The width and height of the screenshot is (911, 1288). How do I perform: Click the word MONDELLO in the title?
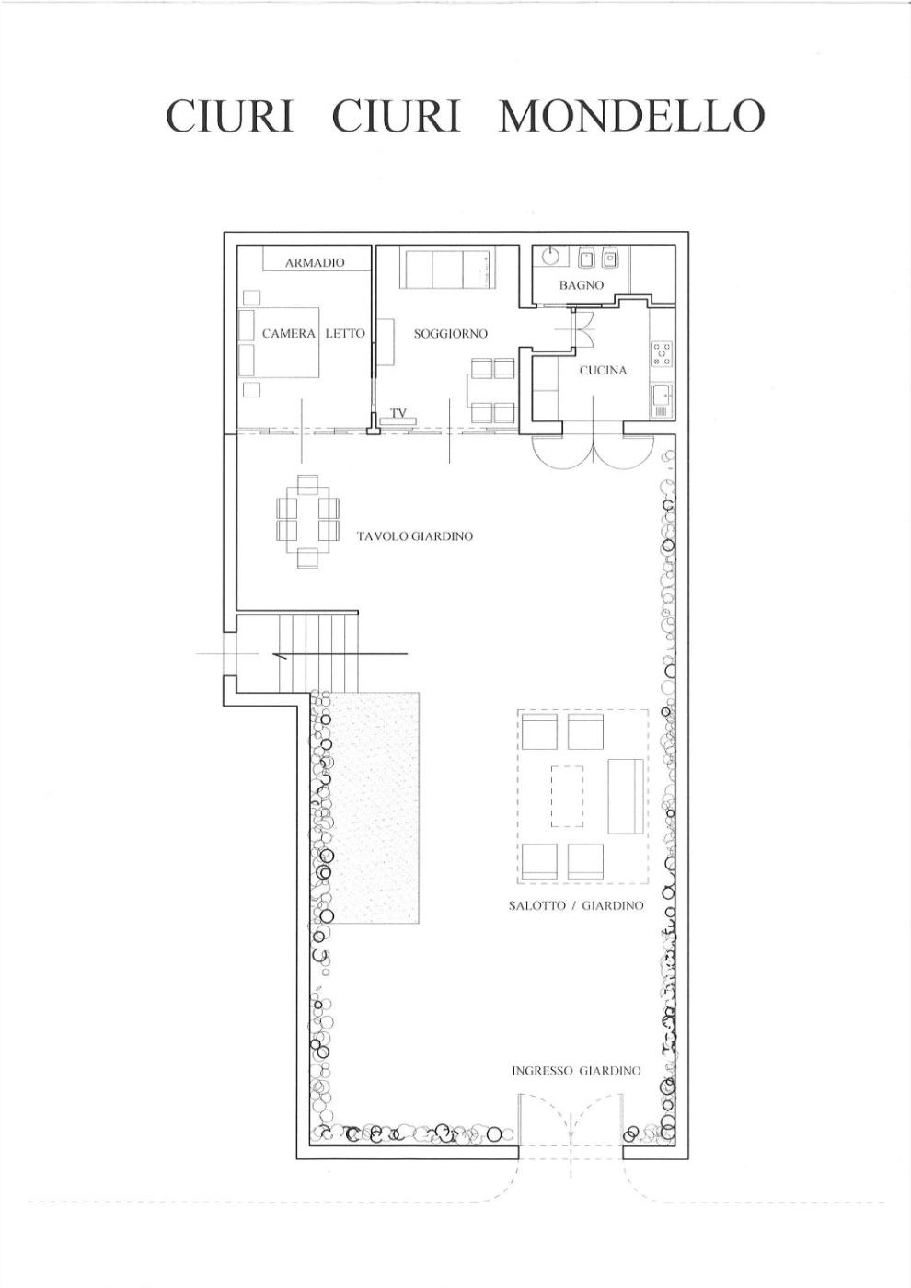click(631, 116)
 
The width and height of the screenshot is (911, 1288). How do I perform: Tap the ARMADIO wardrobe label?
click(315, 263)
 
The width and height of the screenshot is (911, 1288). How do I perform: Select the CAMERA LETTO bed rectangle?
click(279, 342)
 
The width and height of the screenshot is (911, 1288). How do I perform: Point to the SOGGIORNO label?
click(450, 333)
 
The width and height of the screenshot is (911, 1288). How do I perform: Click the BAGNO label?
click(581, 284)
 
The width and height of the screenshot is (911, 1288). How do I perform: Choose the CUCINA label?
click(603, 370)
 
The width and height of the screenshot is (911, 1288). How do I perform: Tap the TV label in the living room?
click(398, 413)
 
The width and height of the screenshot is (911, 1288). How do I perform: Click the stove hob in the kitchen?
click(662, 354)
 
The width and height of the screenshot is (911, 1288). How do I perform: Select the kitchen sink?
click(663, 401)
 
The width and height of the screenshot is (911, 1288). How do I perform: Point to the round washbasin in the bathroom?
click(551, 256)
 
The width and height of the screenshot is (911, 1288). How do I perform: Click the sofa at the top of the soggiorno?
click(447, 268)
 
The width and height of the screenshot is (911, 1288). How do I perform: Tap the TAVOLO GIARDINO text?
click(415, 536)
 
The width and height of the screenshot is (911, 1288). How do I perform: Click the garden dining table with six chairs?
click(307, 521)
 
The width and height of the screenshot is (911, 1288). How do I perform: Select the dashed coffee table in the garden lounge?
click(567, 797)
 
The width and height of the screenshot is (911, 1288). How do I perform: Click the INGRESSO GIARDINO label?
click(576, 1071)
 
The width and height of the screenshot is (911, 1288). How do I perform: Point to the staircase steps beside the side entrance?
click(319, 653)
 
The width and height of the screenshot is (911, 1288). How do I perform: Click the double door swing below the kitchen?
click(593, 453)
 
